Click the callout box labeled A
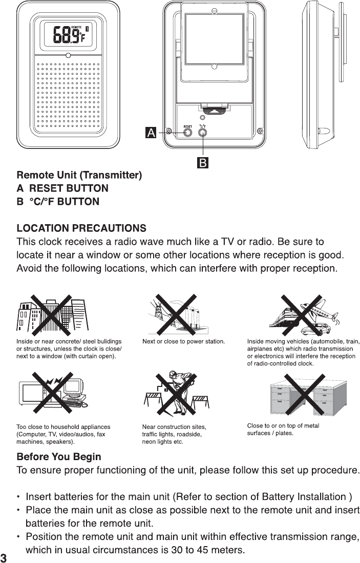151,133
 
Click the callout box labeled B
203,163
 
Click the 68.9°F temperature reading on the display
69,35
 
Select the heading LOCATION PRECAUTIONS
81,227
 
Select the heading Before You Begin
59,457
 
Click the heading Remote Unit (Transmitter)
79,176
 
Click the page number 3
4,557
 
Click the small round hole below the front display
69,55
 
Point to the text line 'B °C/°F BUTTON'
58,201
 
